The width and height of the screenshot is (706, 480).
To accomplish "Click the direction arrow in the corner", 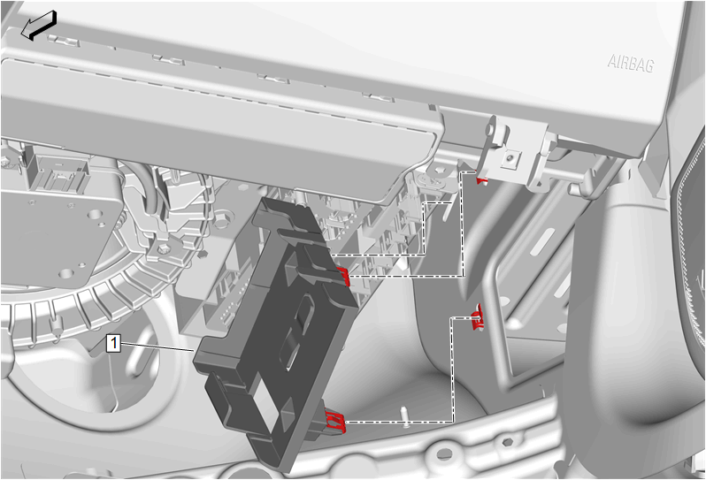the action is click(x=39, y=26).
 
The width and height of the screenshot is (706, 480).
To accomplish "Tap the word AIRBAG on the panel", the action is click(x=630, y=64).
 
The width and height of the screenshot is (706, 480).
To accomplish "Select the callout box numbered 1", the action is click(x=113, y=344).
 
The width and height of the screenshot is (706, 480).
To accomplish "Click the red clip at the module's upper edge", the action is click(x=343, y=275).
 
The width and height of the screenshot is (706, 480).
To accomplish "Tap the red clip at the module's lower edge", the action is click(x=336, y=423).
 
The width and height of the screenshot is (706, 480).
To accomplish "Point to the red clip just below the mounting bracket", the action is click(x=482, y=180).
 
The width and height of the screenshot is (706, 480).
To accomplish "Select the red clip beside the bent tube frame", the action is click(x=477, y=316).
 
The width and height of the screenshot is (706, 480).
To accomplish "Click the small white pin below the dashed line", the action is click(x=405, y=416).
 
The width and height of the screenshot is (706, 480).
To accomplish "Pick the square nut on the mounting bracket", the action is click(x=510, y=159).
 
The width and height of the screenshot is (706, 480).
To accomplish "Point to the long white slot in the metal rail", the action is click(x=542, y=240).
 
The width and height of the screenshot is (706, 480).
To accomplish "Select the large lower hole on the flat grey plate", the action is click(x=66, y=273).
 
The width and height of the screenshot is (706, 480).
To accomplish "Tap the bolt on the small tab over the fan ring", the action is click(x=163, y=248).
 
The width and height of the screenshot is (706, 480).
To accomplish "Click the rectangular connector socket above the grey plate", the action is click(x=58, y=172).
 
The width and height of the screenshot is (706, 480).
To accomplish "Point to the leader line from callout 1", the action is click(x=157, y=347).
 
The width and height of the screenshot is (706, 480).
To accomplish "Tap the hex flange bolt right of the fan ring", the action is click(x=220, y=221).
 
